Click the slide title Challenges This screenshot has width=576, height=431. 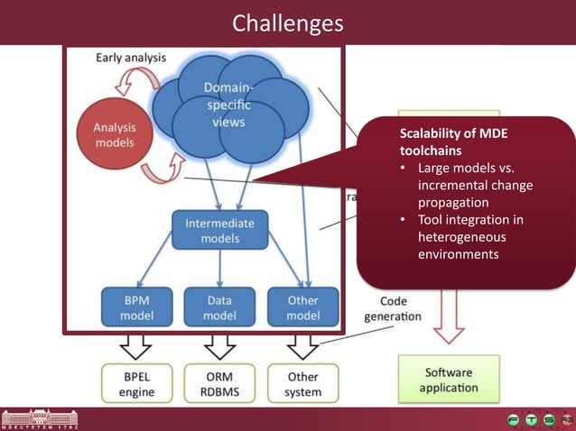(x=287, y=22)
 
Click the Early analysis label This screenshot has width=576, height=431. (x=131, y=58)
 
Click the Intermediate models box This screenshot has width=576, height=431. (x=219, y=230)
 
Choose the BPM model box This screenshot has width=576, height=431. (x=137, y=307)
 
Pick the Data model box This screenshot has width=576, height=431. (x=219, y=307)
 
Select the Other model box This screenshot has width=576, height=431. (x=302, y=307)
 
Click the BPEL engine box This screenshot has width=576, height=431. (x=136, y=383)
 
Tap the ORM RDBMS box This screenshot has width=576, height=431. (x=219, y=383)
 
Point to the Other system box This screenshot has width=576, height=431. (x=302, y=383)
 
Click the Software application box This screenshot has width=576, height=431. (x=449, y=380)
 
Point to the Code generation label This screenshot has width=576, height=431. (x=392, y=308)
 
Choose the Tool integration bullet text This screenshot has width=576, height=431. (x=469, y=237)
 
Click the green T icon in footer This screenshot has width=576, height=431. (x=532, y=419)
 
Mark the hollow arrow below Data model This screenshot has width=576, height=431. (x=219, y=346)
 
